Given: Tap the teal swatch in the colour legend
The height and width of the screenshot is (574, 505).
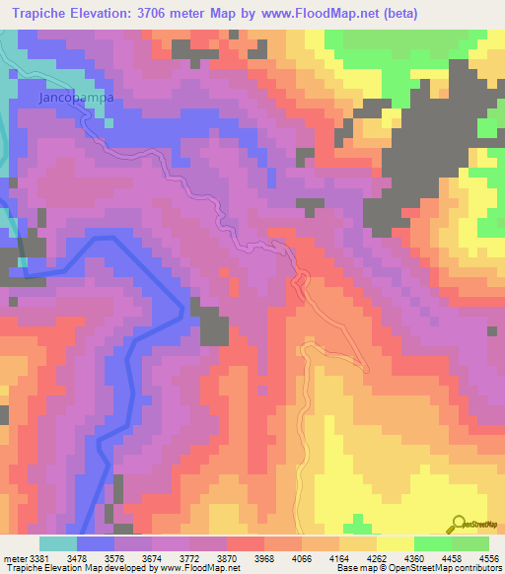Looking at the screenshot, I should (58, 543).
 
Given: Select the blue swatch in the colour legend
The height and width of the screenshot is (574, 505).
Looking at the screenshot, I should (96, 543).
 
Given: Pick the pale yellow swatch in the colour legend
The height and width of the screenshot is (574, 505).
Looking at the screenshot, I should (396, 543).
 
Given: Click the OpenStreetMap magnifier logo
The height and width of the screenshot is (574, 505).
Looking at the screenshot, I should (461, 524).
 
